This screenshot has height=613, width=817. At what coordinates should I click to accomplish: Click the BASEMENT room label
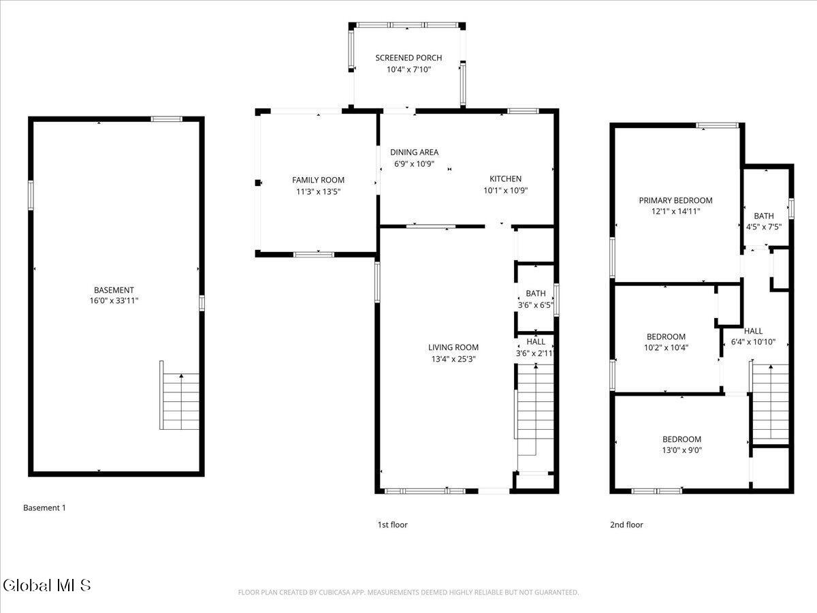tap(114, 290)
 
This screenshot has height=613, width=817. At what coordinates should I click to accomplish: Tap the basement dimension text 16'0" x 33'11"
tap(114, 301)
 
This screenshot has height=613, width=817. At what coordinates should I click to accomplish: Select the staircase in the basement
tap(180, 395)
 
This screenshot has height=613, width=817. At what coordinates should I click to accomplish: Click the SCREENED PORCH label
tap(408, 58)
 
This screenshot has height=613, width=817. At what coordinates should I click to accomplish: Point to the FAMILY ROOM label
tap(318, 180)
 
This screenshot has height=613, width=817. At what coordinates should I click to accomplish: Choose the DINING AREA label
tap(414, 152)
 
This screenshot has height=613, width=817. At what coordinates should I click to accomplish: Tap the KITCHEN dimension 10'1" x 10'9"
tap(505, 191)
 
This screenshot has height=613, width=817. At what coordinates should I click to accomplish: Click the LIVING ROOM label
tap(453, 347)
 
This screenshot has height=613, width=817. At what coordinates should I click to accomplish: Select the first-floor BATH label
tap(536, 294)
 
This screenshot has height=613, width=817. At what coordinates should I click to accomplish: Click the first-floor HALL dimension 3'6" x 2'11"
tap(535, 353)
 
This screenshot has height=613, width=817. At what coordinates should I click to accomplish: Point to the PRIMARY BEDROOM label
tap(675, 201)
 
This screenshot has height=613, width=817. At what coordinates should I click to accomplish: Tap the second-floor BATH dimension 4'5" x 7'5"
tap(764, 227)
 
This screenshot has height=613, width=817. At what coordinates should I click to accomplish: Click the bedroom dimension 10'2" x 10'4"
tap(666, 347)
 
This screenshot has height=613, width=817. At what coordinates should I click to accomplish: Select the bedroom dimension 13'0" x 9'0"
tap(682, 450)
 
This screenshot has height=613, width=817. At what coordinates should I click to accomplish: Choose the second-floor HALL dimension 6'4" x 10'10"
tap(753, 342)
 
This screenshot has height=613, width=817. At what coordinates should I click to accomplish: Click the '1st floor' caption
tap(392, 524)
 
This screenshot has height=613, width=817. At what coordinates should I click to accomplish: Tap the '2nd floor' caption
tap(626, 524)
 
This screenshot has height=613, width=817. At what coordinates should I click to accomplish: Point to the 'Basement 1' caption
tap(44, 507)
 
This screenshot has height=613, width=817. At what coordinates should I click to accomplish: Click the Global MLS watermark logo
tap(46, 585)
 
